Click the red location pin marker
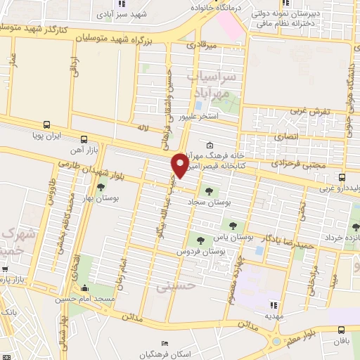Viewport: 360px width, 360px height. point(180,165)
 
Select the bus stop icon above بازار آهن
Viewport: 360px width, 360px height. point(84,139)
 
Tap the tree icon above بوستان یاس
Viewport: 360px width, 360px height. point(232,225)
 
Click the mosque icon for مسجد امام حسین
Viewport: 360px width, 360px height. point(85,287)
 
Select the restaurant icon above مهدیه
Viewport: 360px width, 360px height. point(274,305)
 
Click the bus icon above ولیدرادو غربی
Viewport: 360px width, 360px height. point(342,177)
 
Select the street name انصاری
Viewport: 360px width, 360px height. point(285,135)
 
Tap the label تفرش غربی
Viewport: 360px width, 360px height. point(309,111)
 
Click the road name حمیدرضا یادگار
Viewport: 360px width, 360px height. point(288,243)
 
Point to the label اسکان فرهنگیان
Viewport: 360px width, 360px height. point(164,353)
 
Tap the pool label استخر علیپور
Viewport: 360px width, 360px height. point(199,117)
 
